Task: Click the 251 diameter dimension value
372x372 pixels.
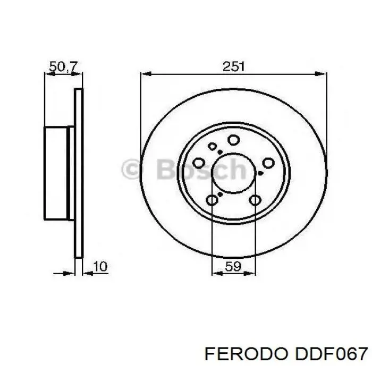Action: (233, 66)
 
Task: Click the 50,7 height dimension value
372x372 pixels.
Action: (63, 66)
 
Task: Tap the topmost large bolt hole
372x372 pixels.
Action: (233, 140)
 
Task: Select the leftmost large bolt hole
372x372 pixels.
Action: (201, 163)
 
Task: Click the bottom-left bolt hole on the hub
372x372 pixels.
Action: (212, 200)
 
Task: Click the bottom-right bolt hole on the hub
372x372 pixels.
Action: (255, 200)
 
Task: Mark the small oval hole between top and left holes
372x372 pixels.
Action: (213, 147)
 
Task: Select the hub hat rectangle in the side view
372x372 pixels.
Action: (58, 173)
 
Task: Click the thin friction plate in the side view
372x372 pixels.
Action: (79, 173)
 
